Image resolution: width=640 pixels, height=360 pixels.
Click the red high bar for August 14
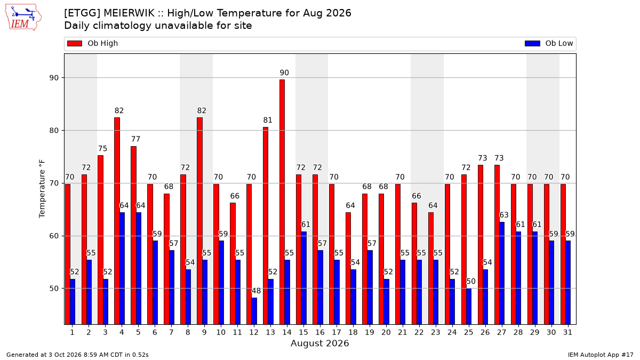pos(282,202)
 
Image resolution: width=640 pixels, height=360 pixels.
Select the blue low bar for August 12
pos(254,311)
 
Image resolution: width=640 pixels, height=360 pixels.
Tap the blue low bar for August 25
pos(469,307)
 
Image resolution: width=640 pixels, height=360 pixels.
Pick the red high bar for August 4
pos(117,221)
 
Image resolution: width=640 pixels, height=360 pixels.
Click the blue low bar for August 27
pos(502,273)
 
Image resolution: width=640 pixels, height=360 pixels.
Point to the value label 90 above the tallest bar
pos(284,73)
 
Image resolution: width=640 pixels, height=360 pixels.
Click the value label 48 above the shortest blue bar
pos(256,291)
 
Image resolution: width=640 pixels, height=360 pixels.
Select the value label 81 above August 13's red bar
pos(268,121)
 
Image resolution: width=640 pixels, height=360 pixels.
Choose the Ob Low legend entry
pos(549,43)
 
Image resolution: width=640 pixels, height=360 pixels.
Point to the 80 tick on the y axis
pos(54,131)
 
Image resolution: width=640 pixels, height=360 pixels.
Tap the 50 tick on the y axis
pos(54,289)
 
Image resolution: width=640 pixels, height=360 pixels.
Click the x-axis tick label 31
pos(567,332)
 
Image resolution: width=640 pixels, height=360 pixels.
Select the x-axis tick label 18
pos(353,332)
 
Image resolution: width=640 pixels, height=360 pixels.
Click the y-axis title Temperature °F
pos(42,189)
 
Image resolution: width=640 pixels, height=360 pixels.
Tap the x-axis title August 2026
pos(320,343)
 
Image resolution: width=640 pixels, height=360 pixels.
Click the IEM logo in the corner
pos(23,18)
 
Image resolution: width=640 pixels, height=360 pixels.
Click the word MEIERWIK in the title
pos(129,13)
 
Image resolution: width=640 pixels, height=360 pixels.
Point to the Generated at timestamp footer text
pos(77,355)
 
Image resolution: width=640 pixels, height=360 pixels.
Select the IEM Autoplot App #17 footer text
pos(601,355)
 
